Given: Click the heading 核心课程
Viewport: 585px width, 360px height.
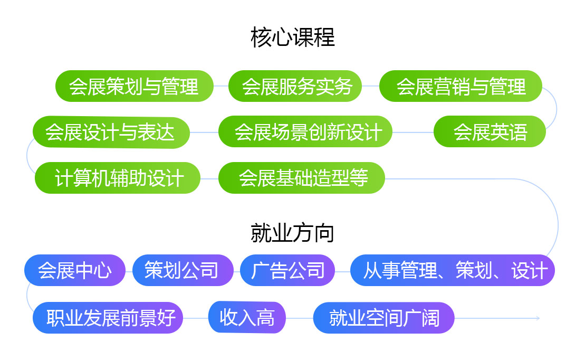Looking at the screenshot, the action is [x=292, y=37].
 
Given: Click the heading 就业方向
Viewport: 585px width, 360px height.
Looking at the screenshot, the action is [x=292, y=233].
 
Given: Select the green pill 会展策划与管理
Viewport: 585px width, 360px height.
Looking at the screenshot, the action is [x=135, y=86].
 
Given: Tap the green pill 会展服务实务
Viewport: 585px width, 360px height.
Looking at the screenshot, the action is [x=295, y=86].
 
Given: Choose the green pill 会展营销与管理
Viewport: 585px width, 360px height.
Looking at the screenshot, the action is [x=461, y=86].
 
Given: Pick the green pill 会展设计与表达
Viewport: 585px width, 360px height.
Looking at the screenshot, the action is [x=111, y=132].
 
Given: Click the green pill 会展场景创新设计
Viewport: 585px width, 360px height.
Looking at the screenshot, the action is [x=305, y=132].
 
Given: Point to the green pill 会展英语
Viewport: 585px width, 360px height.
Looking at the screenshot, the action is [x=490, y=132].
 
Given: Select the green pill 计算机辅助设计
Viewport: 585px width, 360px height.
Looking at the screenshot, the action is [x=118, y=178].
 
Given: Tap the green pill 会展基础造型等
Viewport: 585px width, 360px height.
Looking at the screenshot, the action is [x=301, y=178].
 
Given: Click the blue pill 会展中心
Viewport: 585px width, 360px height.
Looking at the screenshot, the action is [x=74, y=270].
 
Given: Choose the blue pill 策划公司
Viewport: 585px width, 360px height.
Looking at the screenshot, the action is [x=183, y=270].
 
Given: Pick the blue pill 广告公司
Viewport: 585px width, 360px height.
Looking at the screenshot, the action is [x=287, y=270].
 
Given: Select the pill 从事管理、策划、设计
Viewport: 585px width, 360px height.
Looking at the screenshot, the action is [x=453, y=270].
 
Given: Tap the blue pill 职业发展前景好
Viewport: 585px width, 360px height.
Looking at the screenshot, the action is [x=108, y=318].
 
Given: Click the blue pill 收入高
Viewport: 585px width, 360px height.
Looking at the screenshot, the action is [x=247, y=318].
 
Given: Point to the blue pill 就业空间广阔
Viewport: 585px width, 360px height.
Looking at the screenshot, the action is [x=383, y=318].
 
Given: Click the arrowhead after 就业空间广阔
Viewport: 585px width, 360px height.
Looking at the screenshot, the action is [x=538, y=318].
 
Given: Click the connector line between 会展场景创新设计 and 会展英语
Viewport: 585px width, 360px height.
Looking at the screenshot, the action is [x=413, y=132].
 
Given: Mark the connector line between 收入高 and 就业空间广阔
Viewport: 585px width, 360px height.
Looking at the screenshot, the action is [x=299, y=318].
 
